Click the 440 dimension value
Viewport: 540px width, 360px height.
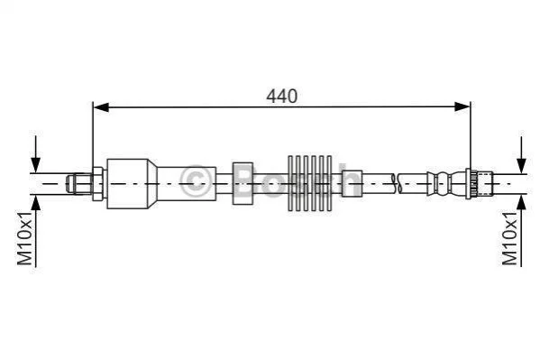pyautogui.click(x=281, y=97)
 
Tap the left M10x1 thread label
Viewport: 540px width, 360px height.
pyautogui.click(x=25, y=238)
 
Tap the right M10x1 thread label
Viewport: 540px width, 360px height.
pyautogui.click(x=510, y=238)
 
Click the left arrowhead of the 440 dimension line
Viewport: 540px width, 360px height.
pyautogui.click(x=101, y=107)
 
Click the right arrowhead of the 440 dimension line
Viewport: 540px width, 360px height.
pyautogui.click(x=462, y=106)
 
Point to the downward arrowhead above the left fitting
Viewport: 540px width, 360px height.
pyautogui.click(x=35, y=164)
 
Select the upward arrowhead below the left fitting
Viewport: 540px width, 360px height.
pyautogui.click(x=35, y=203)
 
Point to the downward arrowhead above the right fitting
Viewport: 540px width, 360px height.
pyautogui.click(x=522, y=165)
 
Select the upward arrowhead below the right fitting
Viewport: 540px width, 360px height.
pyautogui.click(x=522, y=202)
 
